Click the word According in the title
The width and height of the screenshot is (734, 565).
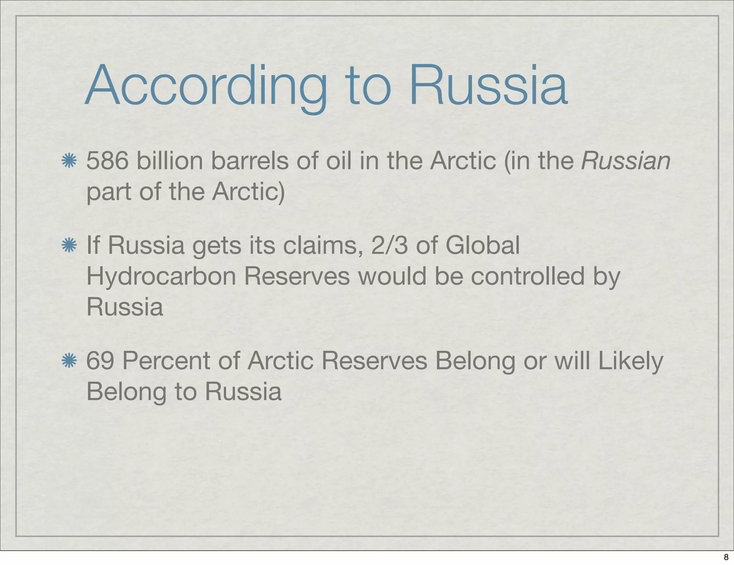coord(206,86)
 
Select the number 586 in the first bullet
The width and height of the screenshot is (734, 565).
coord(107,161)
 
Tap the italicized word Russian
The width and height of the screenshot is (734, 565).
coord(625,161)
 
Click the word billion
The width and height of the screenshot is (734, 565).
coord(170,161)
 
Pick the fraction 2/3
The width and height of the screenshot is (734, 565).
coord(389,246)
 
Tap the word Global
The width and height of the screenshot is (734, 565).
coord(482,246)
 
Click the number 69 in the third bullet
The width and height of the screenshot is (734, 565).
coord(100,361)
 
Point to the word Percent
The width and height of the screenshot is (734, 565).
coord(166,361)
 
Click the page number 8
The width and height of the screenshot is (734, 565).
coord(726,557)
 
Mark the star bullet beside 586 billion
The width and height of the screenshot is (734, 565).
coord(69,161)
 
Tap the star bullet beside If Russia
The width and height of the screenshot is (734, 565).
coord(69,246)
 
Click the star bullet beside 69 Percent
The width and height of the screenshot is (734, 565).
coord(69,361)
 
